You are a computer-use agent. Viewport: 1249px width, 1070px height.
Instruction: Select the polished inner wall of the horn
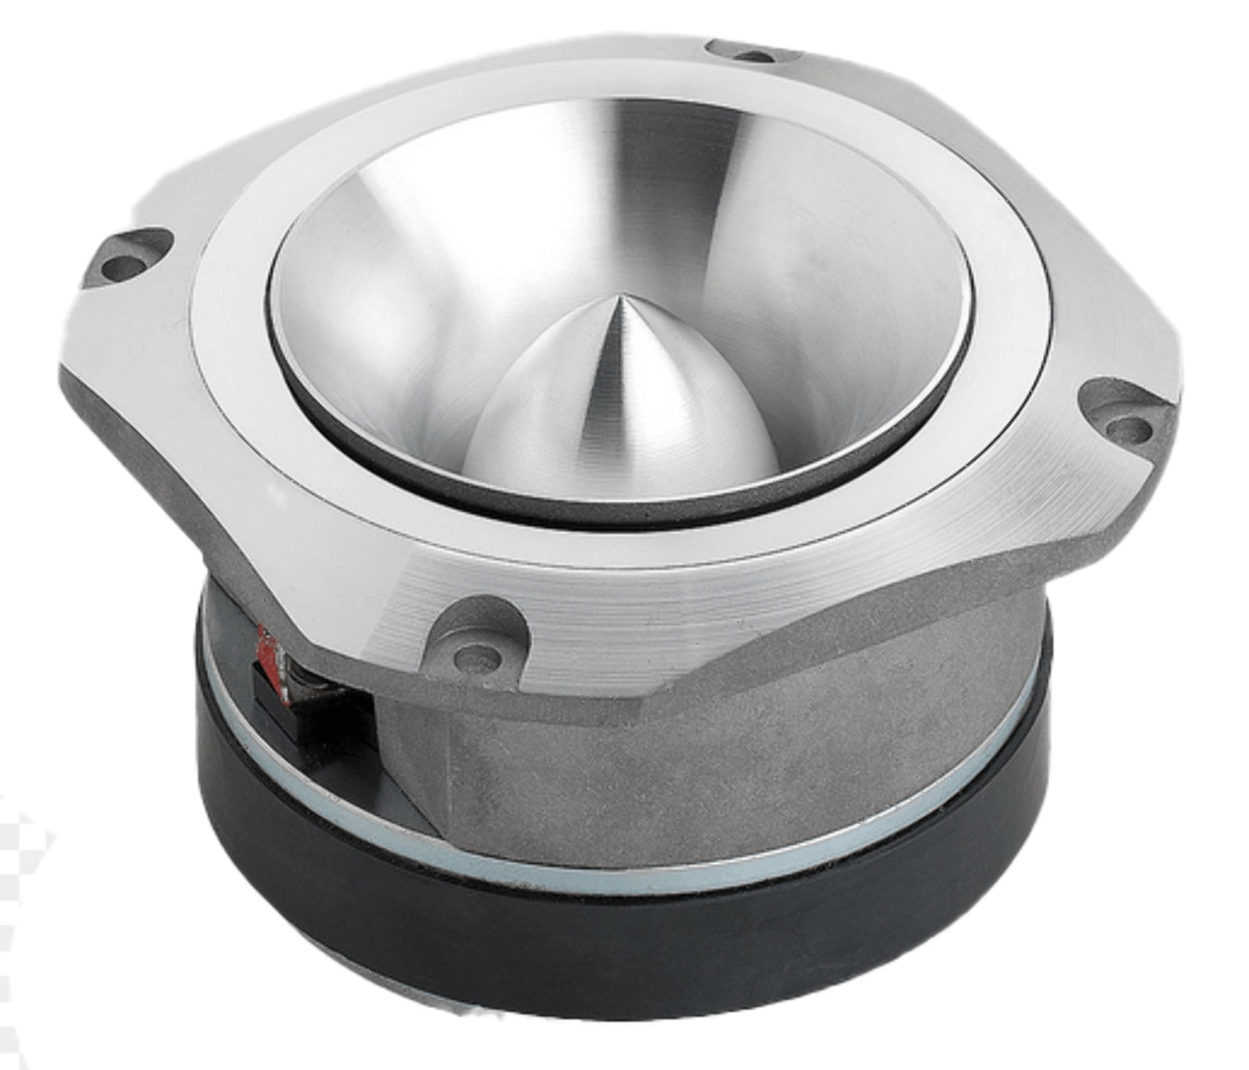click(820, 300)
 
